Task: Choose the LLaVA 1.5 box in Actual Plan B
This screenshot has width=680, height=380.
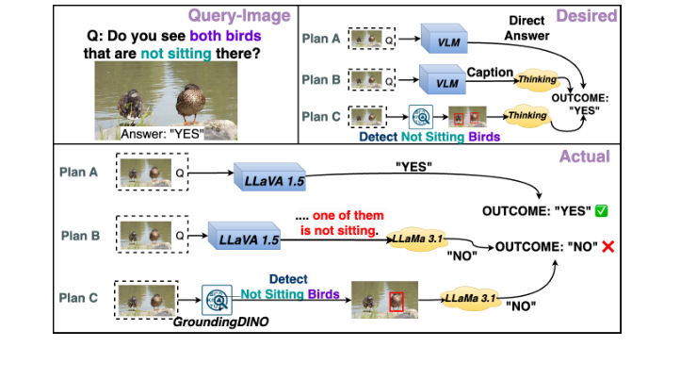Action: click(x=249, y=240)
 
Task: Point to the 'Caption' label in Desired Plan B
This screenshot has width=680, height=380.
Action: click(x=490, y=72)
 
